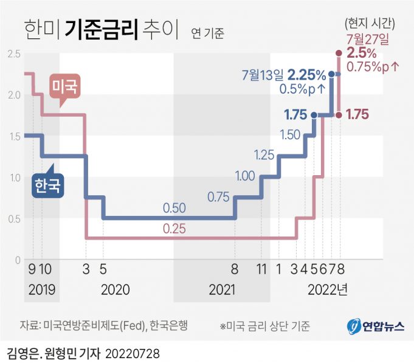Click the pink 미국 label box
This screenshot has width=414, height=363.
(64, 87)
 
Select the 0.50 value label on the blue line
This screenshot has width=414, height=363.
(174, 208)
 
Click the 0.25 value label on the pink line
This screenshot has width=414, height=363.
(174, 229)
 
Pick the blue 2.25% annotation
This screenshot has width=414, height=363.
(307, 75)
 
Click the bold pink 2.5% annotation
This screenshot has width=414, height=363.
(363, 53)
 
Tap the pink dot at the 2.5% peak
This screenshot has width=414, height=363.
(339, 54)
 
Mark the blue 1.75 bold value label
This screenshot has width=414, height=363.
(296, 114)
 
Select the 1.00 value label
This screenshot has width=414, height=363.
(244, 176)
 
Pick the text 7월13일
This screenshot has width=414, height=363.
(263, 75)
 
